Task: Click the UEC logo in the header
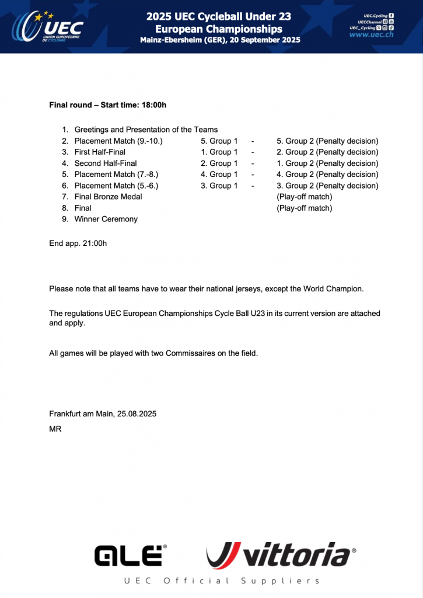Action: pyautogui.click(x=49, y=26)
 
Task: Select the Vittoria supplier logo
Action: pyautogui.click(x=280, y=555)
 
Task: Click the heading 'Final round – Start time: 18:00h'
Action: pyautogui.click(x=108, y=105)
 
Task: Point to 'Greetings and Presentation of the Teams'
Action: pyautogui.click(x=146, y=130)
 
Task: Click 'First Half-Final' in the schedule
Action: pyautogui.click(x=100, y=152)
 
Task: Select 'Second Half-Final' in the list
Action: pyautogui.click(x=106, y=164)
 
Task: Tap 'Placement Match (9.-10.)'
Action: pyautogui.click(x=118, y=141)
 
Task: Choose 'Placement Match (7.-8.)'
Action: pyautogui.click(x=116, y=174)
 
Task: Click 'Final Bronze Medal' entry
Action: pyautogui.click(x=108, y=197)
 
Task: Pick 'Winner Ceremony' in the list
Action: pyautogui.click(x=106, y=219)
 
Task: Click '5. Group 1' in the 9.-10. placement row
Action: pyautogui.click(x=219, y=141)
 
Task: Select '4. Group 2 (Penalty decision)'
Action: pyautogui.click(x=327, y=174)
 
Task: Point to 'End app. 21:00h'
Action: pyautogui.click(x=78, y=242)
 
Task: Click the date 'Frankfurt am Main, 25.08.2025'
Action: pyautogui.click(x=103, y=414)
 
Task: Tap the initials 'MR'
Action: pyautogui.click(x=55, y=429)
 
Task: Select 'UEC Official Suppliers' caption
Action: pyautogui.click(x=222, y=580)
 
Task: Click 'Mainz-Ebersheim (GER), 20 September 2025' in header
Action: pyautogui.click(x=220, y=40)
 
